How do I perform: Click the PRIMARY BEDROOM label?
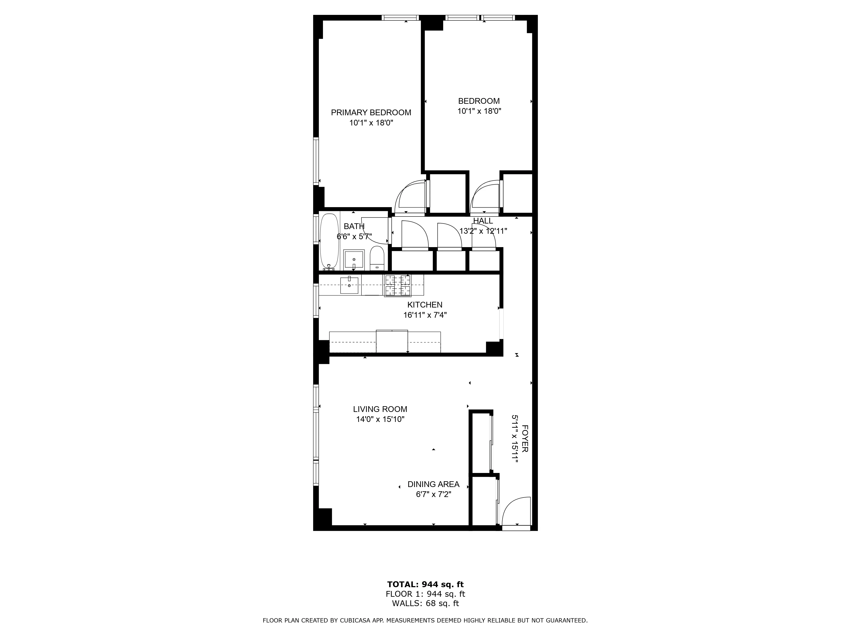[x=371, y=113]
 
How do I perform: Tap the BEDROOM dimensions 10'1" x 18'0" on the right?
[x=479, y=111]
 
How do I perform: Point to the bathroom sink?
[x=354, y=260]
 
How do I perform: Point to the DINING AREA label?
[x=433, y=484]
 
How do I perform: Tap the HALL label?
[x=483, y=221]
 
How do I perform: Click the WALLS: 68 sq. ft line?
[x=425, y=603]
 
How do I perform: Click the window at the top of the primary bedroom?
[x=400, y=18]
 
